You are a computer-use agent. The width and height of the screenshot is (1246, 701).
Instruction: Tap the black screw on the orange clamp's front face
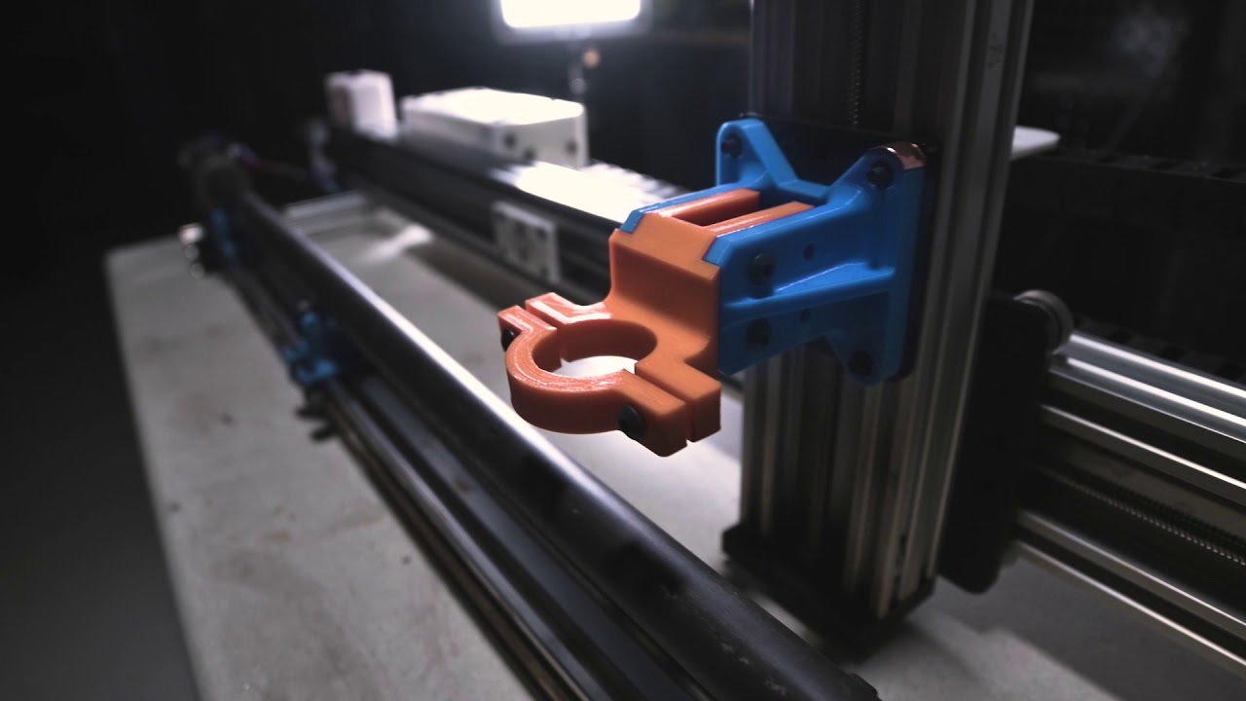630,422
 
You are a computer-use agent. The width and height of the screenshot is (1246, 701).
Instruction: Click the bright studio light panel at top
569,13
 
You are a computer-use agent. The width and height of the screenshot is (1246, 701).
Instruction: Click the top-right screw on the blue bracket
879,175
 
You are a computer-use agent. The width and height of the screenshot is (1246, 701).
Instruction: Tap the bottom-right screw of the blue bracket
861,361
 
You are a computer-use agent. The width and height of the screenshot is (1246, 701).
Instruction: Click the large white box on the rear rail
494,124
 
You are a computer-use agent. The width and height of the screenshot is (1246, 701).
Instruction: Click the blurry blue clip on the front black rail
313,347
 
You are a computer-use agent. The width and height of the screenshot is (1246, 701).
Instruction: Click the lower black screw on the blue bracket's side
756,334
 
